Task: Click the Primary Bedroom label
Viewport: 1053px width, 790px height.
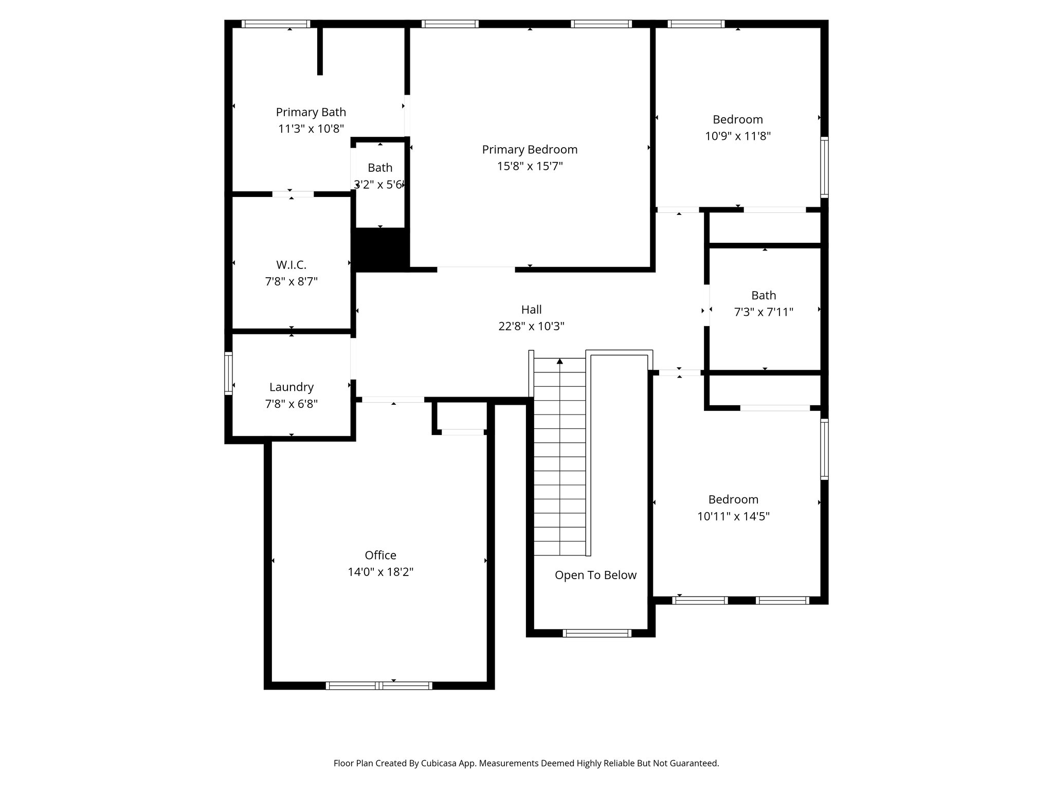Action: (x=530, y=150)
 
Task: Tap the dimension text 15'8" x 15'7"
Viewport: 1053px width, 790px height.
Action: (x=530, y=166)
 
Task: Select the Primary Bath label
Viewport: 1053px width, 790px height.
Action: (x=311, y=112)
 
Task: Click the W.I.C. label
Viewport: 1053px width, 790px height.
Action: (x=291, y=265)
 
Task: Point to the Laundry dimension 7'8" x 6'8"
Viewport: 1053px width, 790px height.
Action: (x=291, y=404)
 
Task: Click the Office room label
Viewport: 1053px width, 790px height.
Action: (x=380, y=555)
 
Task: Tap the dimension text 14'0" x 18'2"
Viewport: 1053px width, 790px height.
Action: (x=380, y=572)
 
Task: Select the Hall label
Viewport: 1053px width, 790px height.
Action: (x=531, y=310)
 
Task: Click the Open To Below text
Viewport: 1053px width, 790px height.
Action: (x=595, y=575)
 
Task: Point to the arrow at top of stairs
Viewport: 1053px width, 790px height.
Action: (x=559, y=362)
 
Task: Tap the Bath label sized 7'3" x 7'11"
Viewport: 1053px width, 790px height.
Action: (x=764, y=295)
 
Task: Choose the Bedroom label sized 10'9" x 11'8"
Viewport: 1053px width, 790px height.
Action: (x=737, y=119)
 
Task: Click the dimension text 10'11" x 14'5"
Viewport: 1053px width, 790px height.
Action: (x=733, y=516)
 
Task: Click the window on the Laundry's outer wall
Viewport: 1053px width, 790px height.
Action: (x=228, y=373)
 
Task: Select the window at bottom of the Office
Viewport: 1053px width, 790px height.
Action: (x=379, y=685)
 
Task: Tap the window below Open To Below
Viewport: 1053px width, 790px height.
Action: (x=596, y=633)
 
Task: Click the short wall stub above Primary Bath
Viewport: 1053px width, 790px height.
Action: (x=320, y=50)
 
